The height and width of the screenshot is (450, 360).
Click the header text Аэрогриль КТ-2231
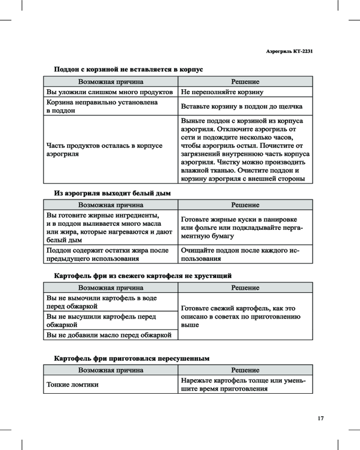(290, 51)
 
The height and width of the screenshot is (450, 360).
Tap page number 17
(320, 418)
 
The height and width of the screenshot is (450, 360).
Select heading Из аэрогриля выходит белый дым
(112, 193)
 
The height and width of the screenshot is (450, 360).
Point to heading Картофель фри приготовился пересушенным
(132, 359)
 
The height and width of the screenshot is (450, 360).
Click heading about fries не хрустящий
(143, 275)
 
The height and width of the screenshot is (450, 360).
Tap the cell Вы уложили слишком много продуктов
(110, 92)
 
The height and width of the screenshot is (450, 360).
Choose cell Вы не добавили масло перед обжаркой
(110, 334)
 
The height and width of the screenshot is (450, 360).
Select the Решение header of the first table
(245, 82)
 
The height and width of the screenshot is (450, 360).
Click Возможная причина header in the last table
(111, 370)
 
